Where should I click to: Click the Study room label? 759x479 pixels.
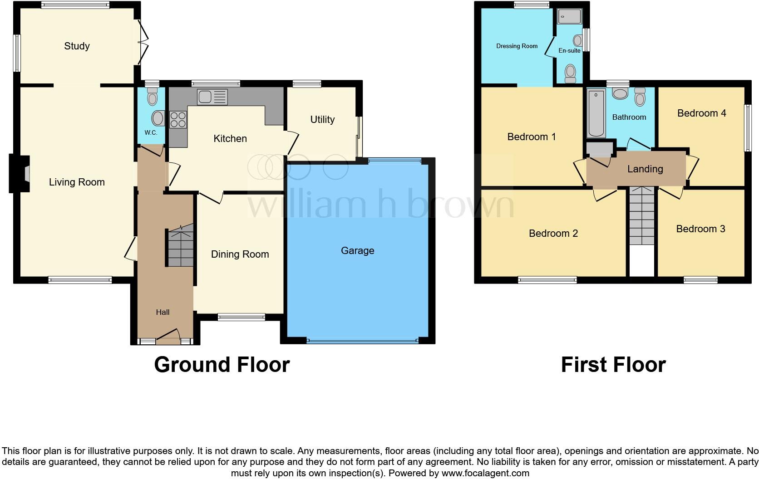(77, 46)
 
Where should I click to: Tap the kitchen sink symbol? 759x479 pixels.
(212, 97)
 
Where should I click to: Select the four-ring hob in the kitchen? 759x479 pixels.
(178, 119)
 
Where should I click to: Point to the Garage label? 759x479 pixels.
(357, 250)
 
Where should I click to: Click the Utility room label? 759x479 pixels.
(322, 119)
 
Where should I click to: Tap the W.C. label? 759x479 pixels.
(151, 132)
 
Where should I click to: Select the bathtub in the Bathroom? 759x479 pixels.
(596, 113)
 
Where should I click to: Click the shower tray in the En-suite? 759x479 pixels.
(570, 16)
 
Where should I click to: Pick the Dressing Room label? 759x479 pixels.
(517, 46)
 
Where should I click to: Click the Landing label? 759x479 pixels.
(645, 169)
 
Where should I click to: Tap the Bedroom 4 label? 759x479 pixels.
(701, 113)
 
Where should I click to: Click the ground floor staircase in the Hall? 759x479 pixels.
(181, 248)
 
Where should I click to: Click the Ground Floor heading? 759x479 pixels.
(222, 364)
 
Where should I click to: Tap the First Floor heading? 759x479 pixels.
(613, 364)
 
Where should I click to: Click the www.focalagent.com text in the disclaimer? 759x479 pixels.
(485, 473)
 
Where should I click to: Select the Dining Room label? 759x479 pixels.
(240, 254)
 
